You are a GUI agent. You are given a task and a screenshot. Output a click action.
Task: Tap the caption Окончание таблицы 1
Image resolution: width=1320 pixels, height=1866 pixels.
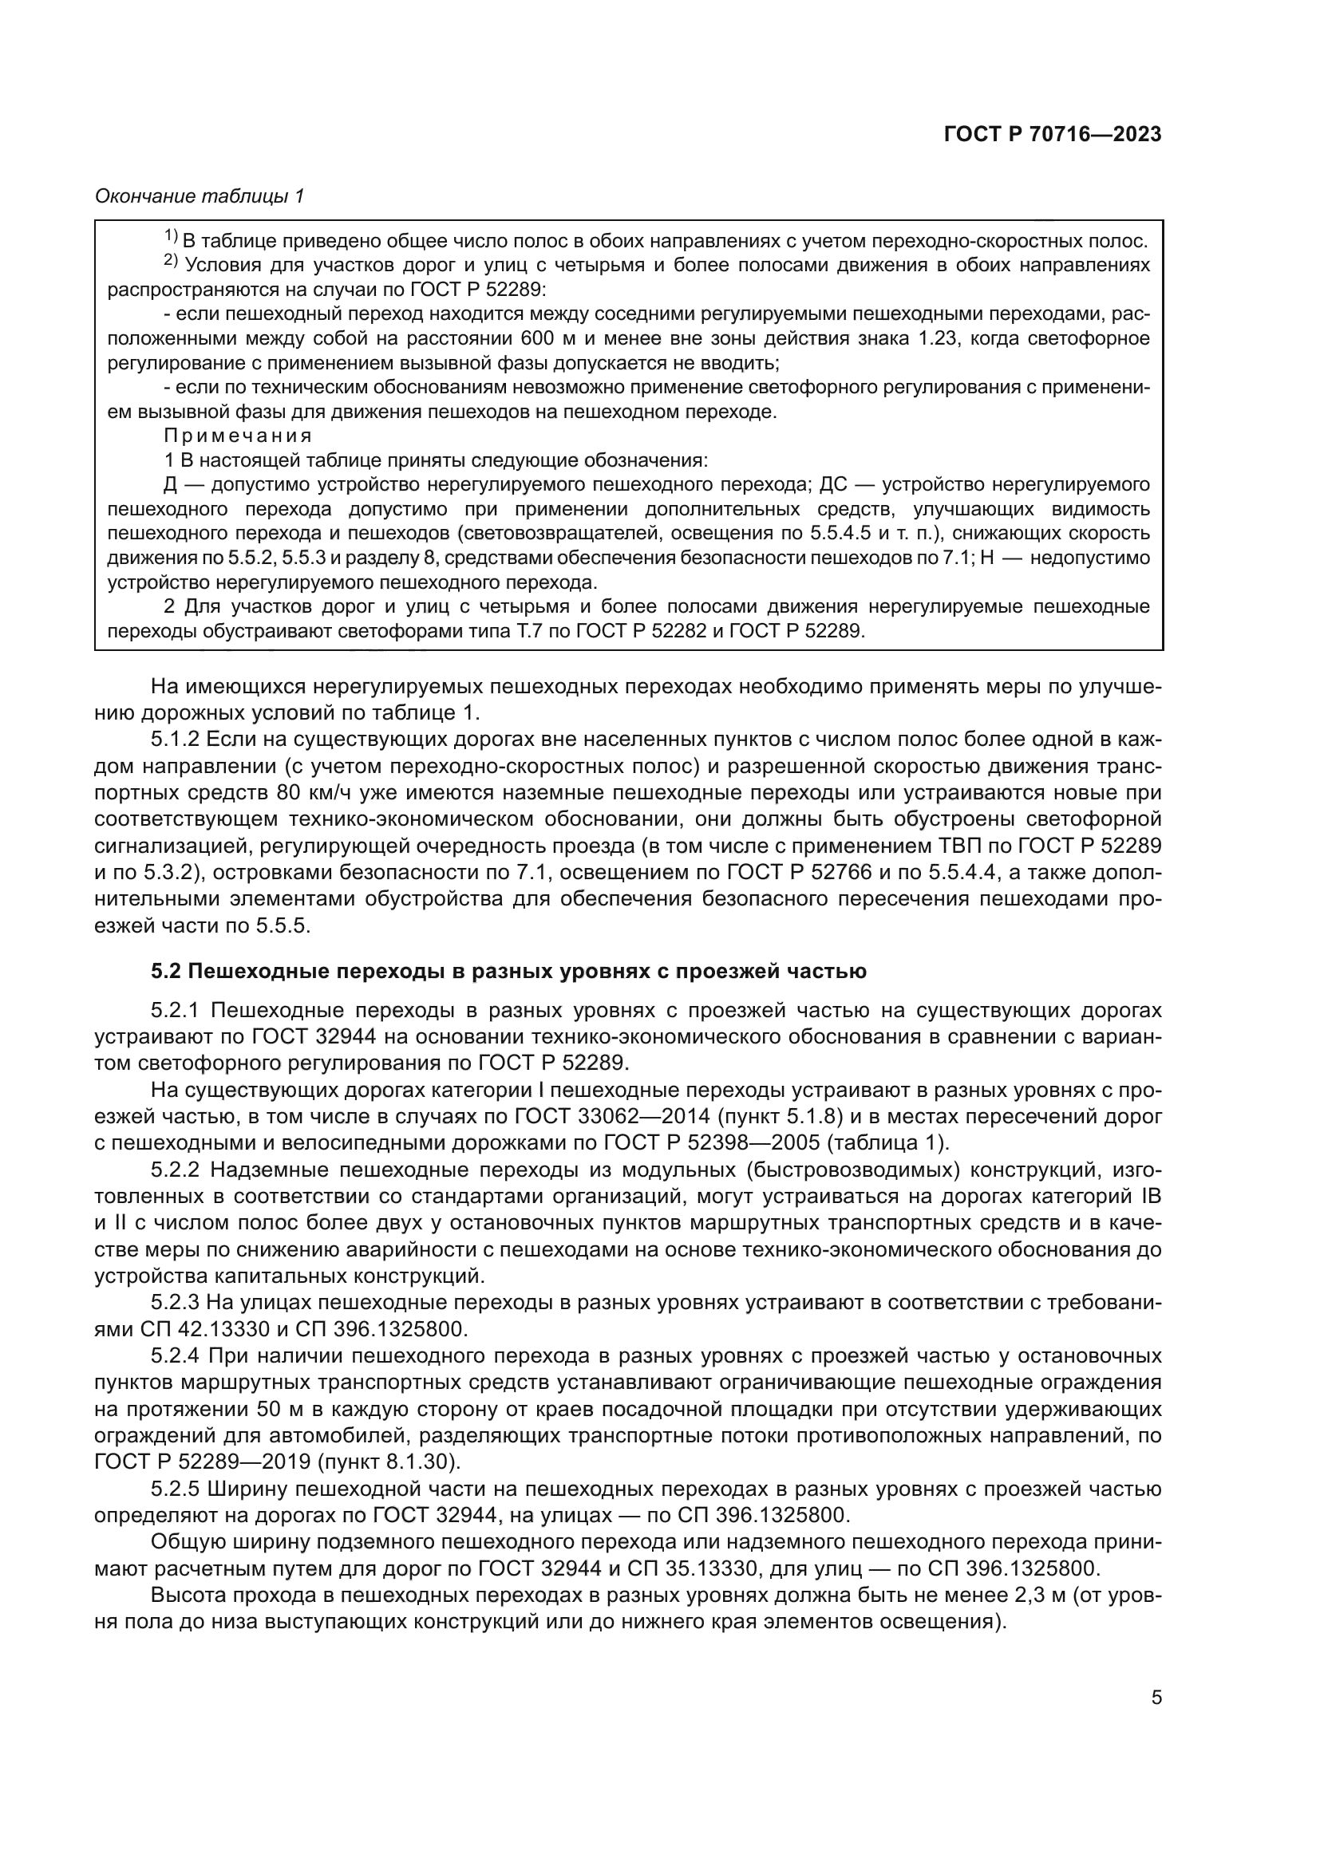(200, 196)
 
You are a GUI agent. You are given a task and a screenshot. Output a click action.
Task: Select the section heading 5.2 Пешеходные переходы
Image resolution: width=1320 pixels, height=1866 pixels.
(508, 971)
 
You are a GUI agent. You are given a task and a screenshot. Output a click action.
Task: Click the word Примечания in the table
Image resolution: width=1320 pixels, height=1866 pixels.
(237, 436)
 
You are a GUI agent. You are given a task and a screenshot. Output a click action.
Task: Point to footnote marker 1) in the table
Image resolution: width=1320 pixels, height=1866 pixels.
(170, 236)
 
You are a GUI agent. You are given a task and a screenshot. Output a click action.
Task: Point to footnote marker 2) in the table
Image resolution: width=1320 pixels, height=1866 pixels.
(170, 261)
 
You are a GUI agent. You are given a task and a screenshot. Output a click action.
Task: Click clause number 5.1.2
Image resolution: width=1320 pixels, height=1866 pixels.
(176, 740)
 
